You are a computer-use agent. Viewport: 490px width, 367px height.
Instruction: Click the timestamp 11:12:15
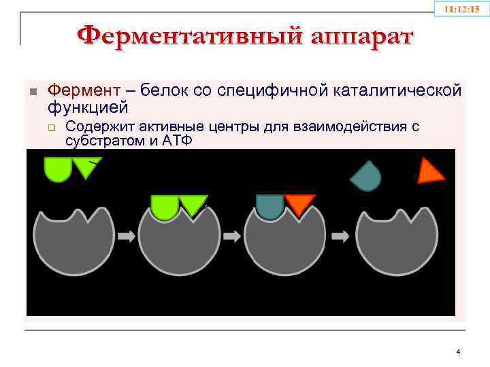[461, 10]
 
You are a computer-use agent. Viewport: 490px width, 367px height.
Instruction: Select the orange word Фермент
[81, 91]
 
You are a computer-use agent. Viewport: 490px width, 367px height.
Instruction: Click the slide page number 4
[458, 351]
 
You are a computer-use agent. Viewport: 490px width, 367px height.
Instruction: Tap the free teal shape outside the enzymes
[365, 177]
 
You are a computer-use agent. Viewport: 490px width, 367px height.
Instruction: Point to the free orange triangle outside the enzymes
[429, 171]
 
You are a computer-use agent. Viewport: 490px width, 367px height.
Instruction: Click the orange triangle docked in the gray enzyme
[299, 203]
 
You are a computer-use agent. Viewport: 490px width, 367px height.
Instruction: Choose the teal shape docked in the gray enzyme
[270, 206]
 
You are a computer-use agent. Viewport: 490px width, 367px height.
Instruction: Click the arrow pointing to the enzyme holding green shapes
[127, 236]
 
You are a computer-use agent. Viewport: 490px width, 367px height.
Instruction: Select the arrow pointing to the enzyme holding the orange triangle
[232, 236]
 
